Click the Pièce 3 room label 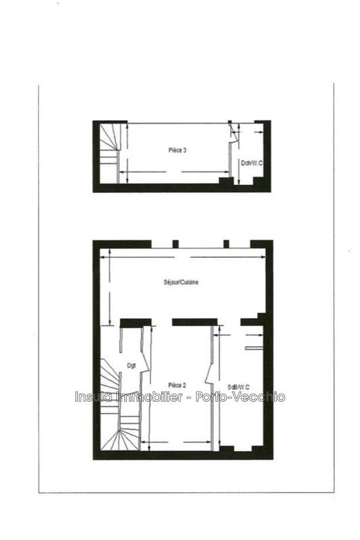pyautogui.click(x=178, y=150)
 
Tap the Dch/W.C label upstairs pyautogui.click(x=251, y=163)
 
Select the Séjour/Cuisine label pyautogui.click(x=180, y=283)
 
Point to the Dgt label pyautogui.click(x=132, y=367)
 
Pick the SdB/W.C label pyautogui.click(x=239, y=386)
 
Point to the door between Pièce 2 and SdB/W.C pyautogui.click(x=214, y=368)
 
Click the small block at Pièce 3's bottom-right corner pyautogui.click(x=224, y=181)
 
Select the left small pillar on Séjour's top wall pyautogui.click(x=175, y=244)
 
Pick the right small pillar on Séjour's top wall pyautogui.click(x=226, y=244)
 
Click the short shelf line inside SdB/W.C pyautogui.click(x=252, y=348)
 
